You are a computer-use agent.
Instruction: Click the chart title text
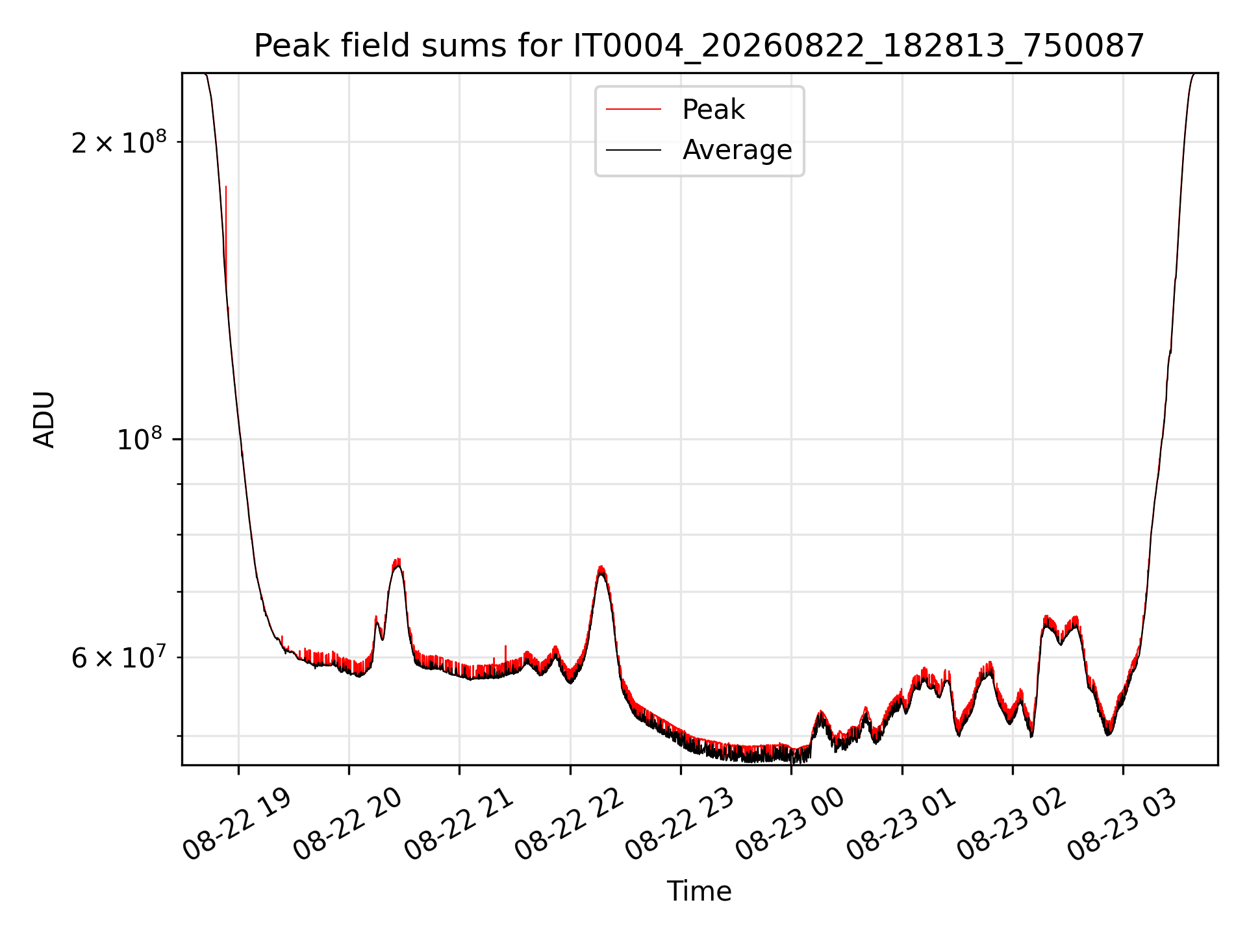699,46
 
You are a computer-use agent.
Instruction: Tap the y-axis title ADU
44,419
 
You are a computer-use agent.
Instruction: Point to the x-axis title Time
699,891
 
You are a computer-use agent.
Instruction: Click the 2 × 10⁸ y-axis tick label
119,142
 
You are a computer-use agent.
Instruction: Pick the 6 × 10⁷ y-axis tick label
119,658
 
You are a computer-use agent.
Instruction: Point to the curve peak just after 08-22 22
601,568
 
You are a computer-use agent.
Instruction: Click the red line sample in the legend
634,110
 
